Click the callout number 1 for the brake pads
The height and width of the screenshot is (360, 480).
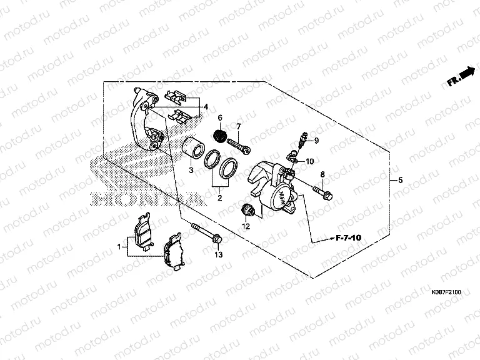click(x=119, y=248)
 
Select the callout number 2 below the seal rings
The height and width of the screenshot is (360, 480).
click(x=220, y=198)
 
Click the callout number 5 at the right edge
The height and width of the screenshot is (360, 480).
click(x=400, y=180)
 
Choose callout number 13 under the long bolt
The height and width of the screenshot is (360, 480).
click(x=218, y=255)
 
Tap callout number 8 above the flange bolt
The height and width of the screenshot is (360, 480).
click(x=322, y=174)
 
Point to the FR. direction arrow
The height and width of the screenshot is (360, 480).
click(x=462, y=76)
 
